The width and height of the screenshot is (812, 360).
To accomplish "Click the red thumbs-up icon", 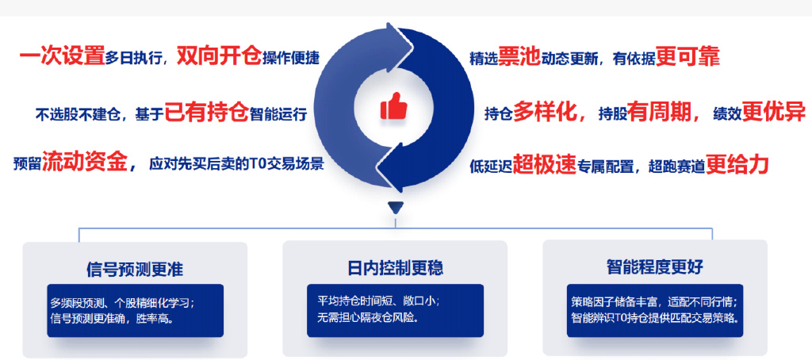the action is (393, 105).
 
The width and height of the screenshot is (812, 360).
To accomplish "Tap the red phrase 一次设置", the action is (62, 56).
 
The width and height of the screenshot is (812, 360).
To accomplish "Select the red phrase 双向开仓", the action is (219, 56).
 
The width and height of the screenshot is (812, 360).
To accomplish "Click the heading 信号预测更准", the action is (135, 270).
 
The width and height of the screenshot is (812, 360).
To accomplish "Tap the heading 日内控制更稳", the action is (395, 268).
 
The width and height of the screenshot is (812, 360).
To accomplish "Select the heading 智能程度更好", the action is (654, 267).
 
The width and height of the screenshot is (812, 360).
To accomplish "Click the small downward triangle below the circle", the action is (395, 208).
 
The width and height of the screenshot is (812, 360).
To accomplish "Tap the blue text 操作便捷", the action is (291, 58).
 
